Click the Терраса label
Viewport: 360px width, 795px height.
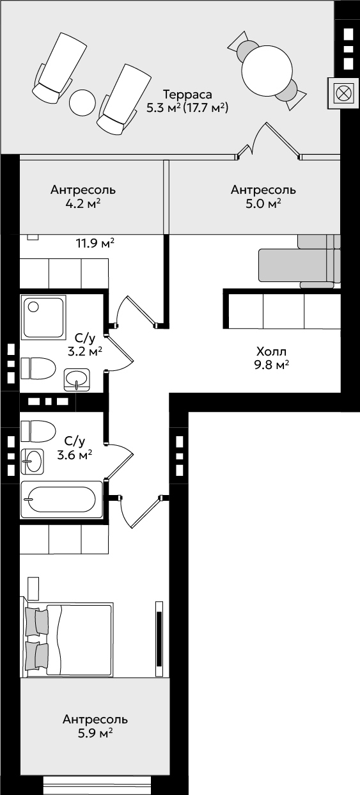pos(187,95)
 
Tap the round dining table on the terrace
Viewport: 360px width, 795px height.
pos(267,70)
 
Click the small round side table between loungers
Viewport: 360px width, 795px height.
pos(82,102)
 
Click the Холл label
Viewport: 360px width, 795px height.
pos(271,352)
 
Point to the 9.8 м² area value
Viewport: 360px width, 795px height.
pos(271,365)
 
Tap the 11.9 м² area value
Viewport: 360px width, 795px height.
pos(95,243)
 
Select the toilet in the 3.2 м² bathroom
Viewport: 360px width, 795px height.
pos(38,368)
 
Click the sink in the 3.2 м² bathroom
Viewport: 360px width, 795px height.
pos(77,379)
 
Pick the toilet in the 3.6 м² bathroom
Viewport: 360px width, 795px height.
pos(38,431)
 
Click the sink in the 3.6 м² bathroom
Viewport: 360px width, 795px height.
pos(32,461)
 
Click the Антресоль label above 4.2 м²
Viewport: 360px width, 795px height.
pos(83,190)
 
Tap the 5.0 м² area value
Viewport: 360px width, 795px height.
pos(263,203)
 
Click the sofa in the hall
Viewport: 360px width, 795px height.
pos(300,262)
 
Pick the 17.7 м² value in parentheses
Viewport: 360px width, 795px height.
pos(205,107)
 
